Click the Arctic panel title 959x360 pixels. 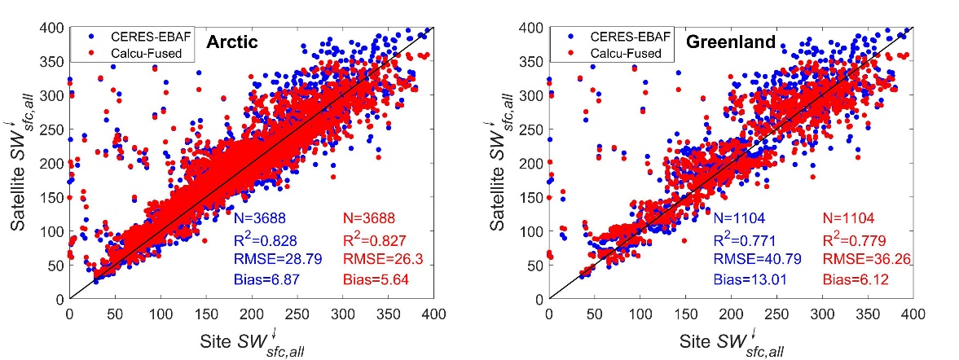[231, 42]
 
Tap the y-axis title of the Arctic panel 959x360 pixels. [23, 163]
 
